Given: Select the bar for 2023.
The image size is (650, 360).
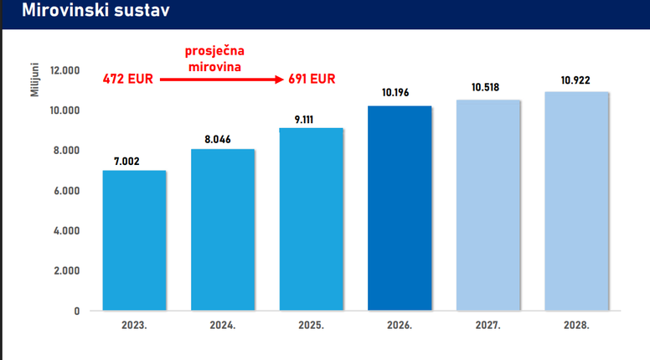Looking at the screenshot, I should [x=134, y=240].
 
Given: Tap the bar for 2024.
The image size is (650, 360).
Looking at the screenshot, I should [x=223, y=229].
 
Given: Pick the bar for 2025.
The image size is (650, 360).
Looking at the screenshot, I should [x=312, y=219].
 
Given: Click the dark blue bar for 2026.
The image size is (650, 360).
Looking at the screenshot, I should [x=400, y=208].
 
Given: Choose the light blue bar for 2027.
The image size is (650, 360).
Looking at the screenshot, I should [x=488, y=204].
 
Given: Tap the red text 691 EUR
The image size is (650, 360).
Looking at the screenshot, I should [x=312, y=80].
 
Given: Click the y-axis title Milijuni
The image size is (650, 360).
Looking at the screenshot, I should [x=35, y=78].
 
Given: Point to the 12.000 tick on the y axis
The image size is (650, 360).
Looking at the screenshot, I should [x=64, y=70].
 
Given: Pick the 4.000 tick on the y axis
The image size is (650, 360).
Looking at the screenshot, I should [x=64, y=230].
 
